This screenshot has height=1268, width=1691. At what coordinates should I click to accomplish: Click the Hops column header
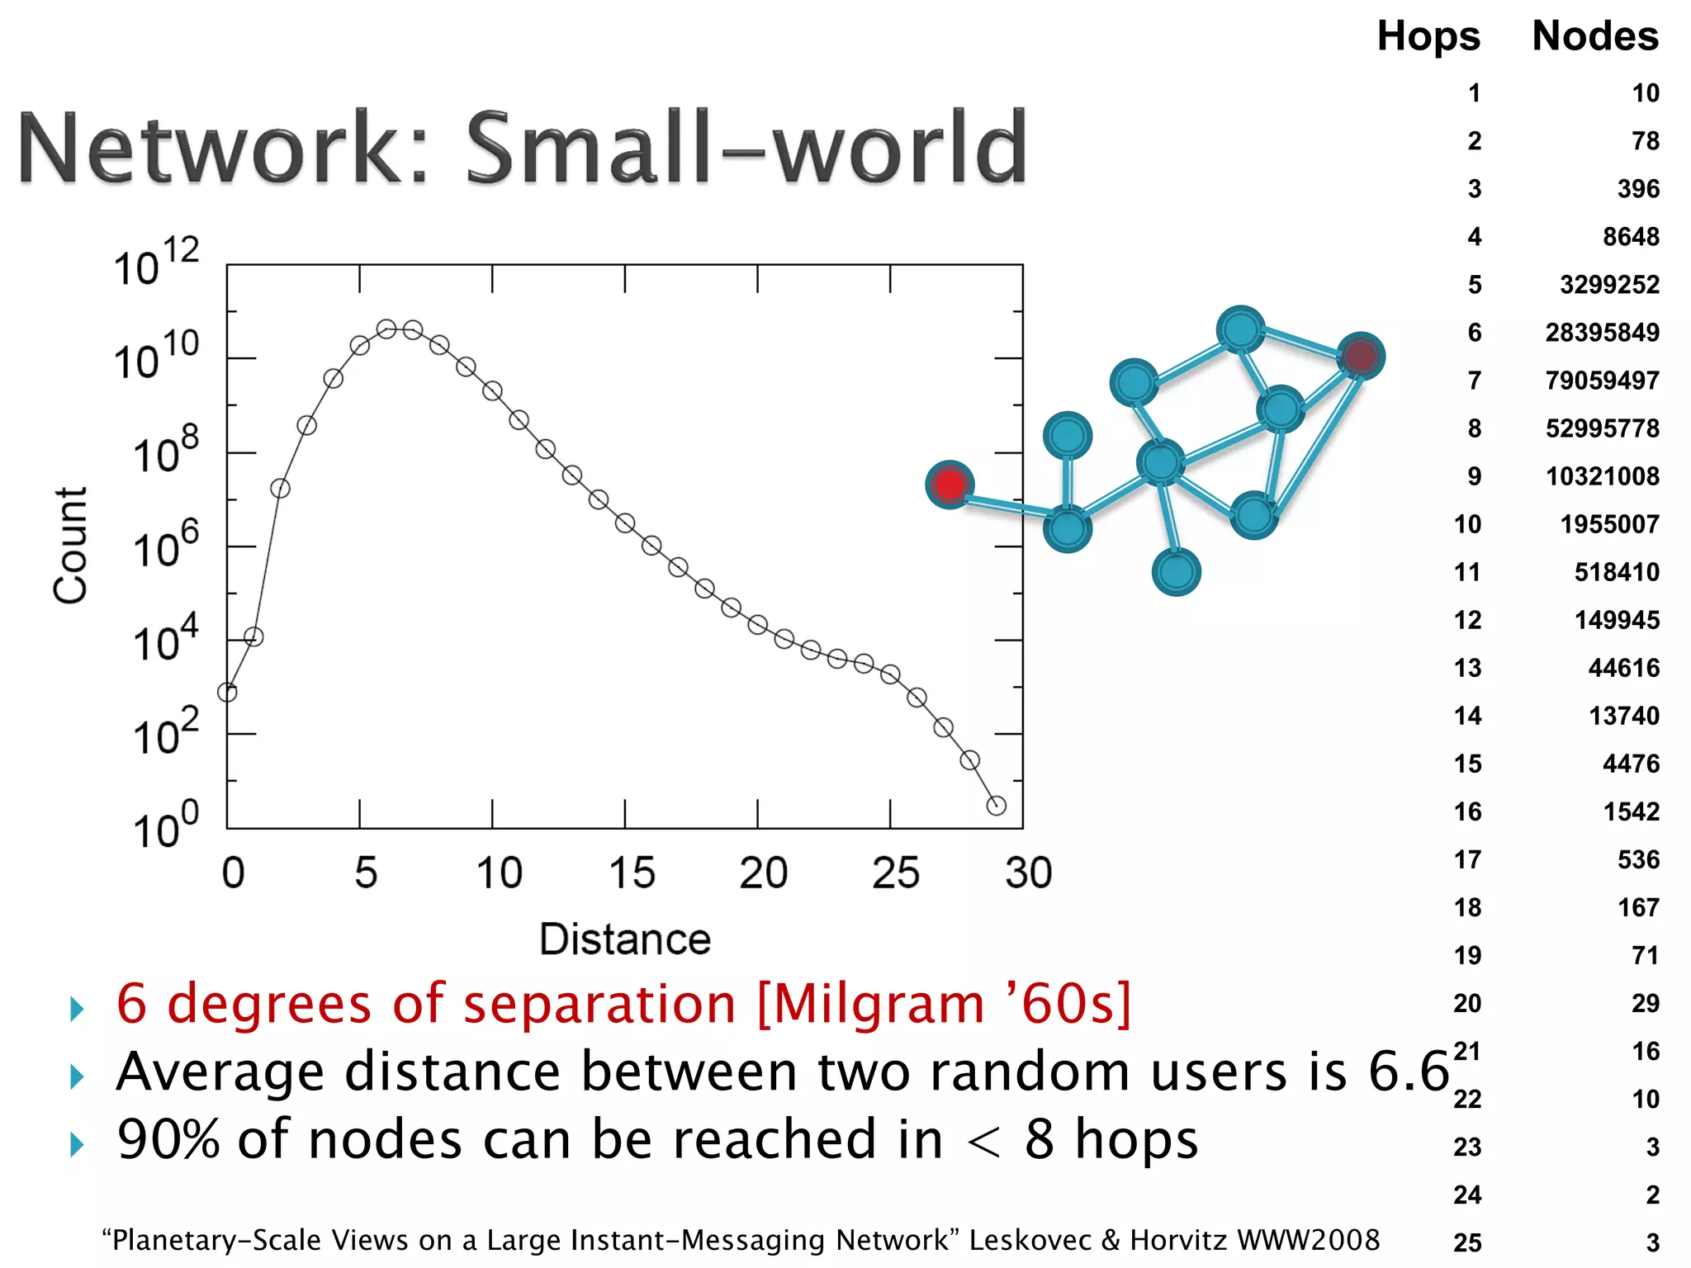(x=1428, y=36)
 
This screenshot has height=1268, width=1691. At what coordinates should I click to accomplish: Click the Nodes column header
(x=1595, y=36)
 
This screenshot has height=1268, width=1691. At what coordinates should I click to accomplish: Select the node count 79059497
(x=1602, y=381)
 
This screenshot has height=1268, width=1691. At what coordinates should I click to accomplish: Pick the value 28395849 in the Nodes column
(x=1602, y=333)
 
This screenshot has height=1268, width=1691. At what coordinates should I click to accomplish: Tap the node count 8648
(x=1631, y=237)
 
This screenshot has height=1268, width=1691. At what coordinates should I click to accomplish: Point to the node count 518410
(x=1617, y=572)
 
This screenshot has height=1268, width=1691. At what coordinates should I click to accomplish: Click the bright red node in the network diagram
(x=950, y=485)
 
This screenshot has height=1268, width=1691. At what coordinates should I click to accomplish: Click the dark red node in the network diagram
(x=1360, y=357)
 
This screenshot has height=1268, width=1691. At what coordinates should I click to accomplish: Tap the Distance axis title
(x=625, y=939)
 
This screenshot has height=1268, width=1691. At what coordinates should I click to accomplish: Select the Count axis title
(x=70, y=546)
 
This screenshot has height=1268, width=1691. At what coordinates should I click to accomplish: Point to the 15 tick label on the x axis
(x=632, y=873)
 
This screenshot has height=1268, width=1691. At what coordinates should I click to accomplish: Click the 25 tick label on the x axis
(x=896, y=873)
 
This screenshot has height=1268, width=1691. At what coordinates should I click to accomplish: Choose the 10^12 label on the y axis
(x=157, y=263)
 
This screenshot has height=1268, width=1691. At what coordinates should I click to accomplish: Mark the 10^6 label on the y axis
(x=166, y=545)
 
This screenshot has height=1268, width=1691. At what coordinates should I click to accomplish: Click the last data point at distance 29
(x=997, y=806)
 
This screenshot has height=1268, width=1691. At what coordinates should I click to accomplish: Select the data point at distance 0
(x=227, y=692)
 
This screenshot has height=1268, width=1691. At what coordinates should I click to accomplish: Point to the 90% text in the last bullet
(x=169, y=1140)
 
